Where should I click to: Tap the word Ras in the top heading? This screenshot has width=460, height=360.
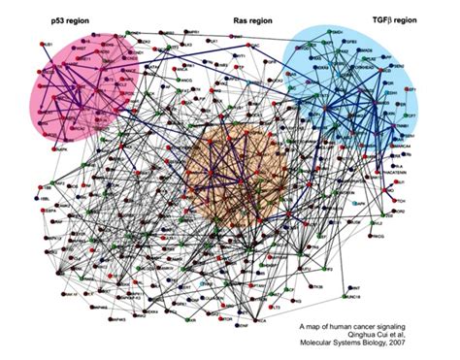tap(242, 20)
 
